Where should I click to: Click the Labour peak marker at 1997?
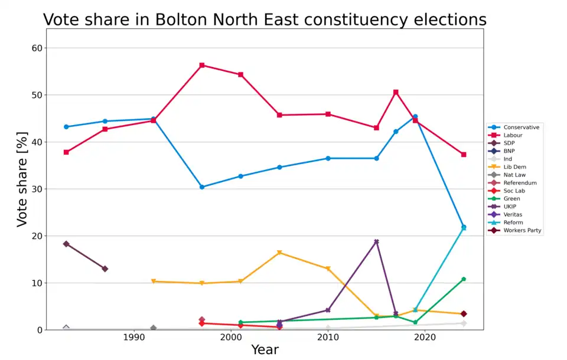(202, 65)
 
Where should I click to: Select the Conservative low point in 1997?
(202, 187)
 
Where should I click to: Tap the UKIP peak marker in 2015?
(376, 241)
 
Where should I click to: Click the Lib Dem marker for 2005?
(279, 253)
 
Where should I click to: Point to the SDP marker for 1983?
(66, 244)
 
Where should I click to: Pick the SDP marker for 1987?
(105, 269)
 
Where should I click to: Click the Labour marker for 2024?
(464, 155)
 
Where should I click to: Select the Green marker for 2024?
(464, 279)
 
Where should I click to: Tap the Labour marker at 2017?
(396, 92)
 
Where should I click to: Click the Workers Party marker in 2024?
(464, 314)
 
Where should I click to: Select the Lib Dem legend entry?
(515, 167)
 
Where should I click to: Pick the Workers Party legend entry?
(522, 231)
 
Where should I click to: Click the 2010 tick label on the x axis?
(328, 337)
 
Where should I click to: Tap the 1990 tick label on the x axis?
(134, 337)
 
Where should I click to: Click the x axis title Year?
(265, 350)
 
